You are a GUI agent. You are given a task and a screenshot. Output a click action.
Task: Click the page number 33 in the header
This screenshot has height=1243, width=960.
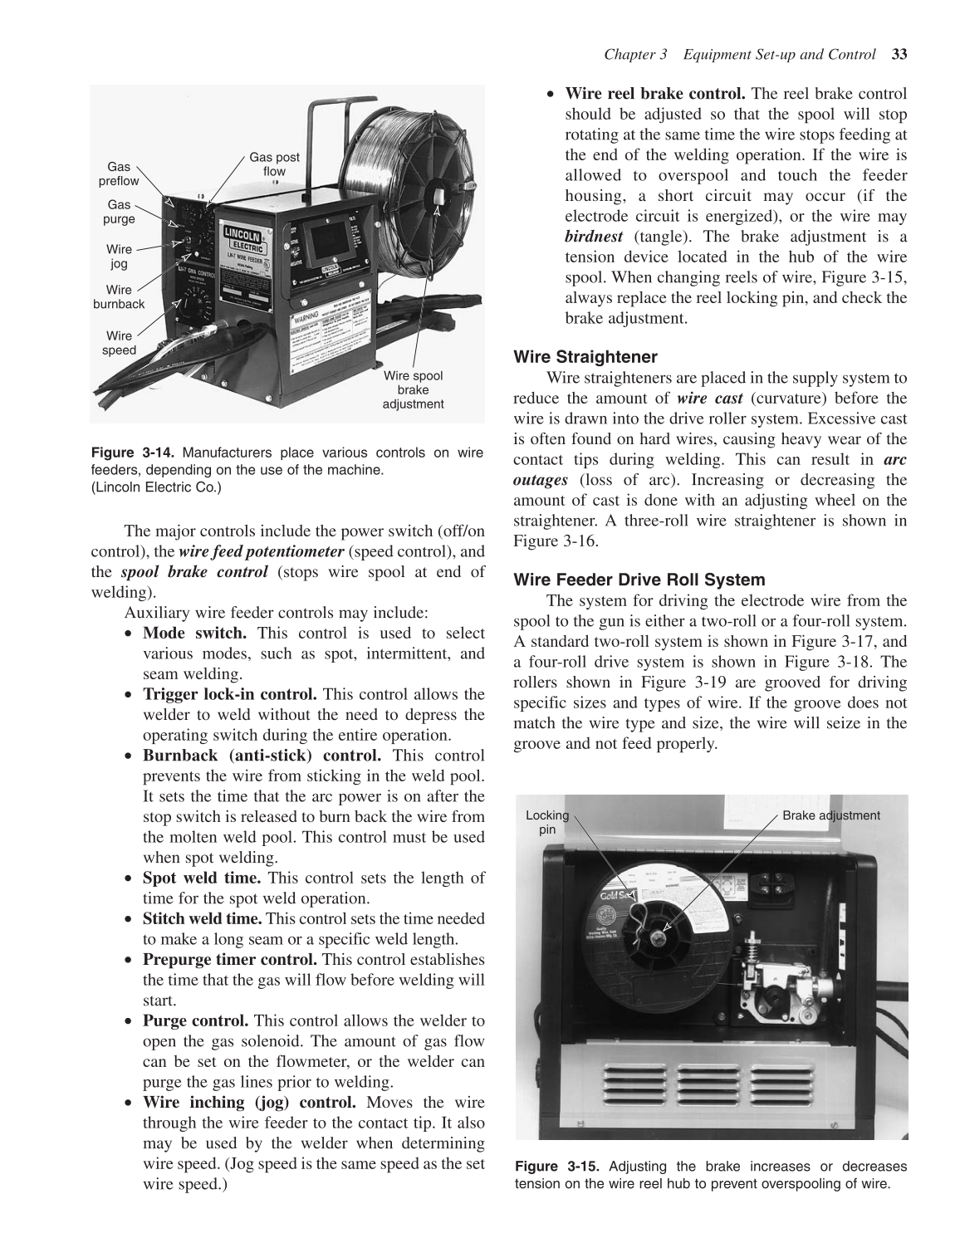pyautogui.click(x=899, y=55)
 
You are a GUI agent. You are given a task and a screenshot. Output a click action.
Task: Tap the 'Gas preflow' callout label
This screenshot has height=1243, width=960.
pyautogui.click(x=119, y=174)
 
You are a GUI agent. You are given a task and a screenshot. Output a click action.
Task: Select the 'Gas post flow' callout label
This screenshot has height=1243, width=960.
pyautogui.click(x=274, y=164)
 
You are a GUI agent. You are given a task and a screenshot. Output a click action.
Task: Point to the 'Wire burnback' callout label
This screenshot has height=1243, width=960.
pyautogui.click(x=119, y=296)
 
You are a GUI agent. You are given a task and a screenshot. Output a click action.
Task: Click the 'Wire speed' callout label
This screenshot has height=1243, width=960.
pyautogui.click(x=119, y=343)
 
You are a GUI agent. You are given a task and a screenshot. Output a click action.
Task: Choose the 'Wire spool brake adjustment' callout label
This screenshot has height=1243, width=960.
pyautogui.click(x=413, y=389)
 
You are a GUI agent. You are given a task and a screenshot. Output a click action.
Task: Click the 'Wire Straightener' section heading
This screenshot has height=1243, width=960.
pyautogui.click(x=585, y=357)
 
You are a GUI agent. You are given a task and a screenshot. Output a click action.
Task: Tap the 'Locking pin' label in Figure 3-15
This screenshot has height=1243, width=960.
pyautogui.click(x=547, y=822)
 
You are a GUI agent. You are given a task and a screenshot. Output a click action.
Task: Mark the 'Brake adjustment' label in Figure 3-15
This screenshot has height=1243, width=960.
pyautogui.click(x=830, y=815)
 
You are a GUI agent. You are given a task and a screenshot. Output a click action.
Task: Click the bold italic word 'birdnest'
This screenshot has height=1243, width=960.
pyautogui.click(x=594, y=237)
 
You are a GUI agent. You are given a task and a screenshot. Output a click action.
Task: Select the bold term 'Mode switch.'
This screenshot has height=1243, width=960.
pyautogui.click(x=194, y=634)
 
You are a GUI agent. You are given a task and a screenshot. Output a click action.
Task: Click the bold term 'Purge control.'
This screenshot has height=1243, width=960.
pyautogui.click(x=195, y=1020)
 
